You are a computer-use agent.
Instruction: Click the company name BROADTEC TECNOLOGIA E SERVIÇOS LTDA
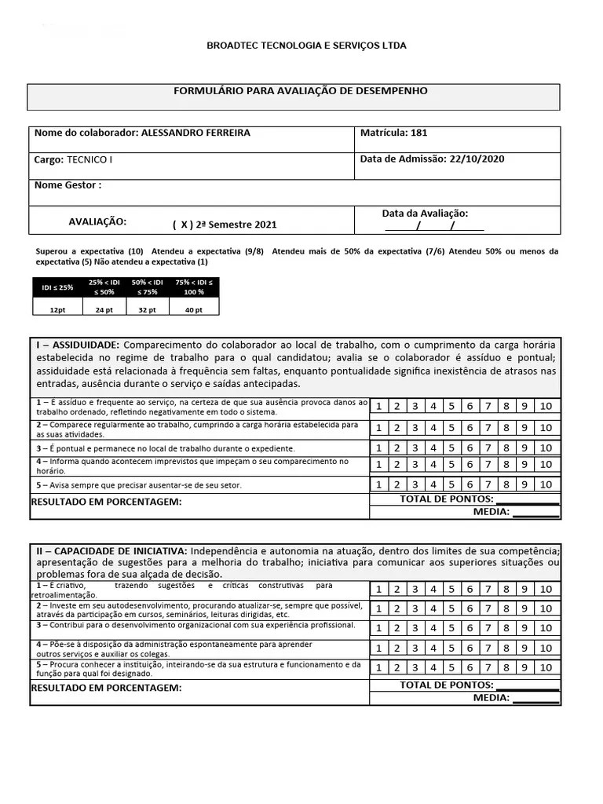click(x=306, y=46)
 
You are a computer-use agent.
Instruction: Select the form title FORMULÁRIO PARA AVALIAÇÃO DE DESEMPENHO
click(x=300, y=91)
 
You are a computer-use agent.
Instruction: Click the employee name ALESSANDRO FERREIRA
click(x=196, y=133)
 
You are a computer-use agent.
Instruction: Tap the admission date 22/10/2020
click(x=477, y=159)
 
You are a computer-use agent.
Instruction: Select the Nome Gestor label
click(x=68, y=186)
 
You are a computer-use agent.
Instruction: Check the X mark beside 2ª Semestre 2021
click(x=184, y=225)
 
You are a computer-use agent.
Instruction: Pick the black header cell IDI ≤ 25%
click(x=57, y=287)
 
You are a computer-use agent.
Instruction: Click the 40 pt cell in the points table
click(x=193, y=310)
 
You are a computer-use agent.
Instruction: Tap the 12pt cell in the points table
click(x=57, y=310)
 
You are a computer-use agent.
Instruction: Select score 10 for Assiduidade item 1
click(x=546, y=406)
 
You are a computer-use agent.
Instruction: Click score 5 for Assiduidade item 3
click(x=451, y=448)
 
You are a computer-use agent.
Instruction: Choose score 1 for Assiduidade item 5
click(x=378, y=484)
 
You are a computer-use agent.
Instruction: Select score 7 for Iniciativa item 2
click(x=488, y=608)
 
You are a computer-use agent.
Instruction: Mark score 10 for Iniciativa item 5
click(x=546, y=667)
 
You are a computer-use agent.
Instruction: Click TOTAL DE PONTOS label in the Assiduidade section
click(x=446, y=499)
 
